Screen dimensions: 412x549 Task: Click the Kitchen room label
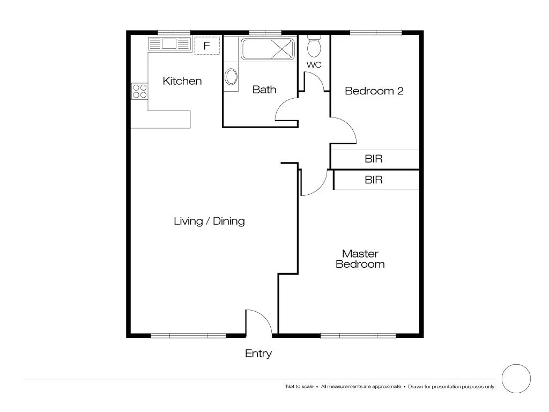(182, 81)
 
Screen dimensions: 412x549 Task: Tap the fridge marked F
(206, 46)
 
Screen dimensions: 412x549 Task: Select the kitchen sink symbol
(170, 44)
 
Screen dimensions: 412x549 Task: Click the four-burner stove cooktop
(139, 91)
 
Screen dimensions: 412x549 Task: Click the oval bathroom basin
(231, 77)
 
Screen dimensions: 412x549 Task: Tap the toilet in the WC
(314, 47)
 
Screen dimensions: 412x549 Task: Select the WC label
(314, 65)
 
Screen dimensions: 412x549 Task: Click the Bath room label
(264, 90)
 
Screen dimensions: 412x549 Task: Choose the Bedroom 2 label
(374, 91)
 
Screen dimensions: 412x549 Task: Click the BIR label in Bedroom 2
(374, 159)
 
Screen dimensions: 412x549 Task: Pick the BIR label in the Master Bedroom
(374, 180)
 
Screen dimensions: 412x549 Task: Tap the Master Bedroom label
(360, 259)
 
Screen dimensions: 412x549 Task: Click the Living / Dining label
(209, 221)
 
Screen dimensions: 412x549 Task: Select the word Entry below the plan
(258, 354)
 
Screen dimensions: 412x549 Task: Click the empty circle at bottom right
(516, 379)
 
